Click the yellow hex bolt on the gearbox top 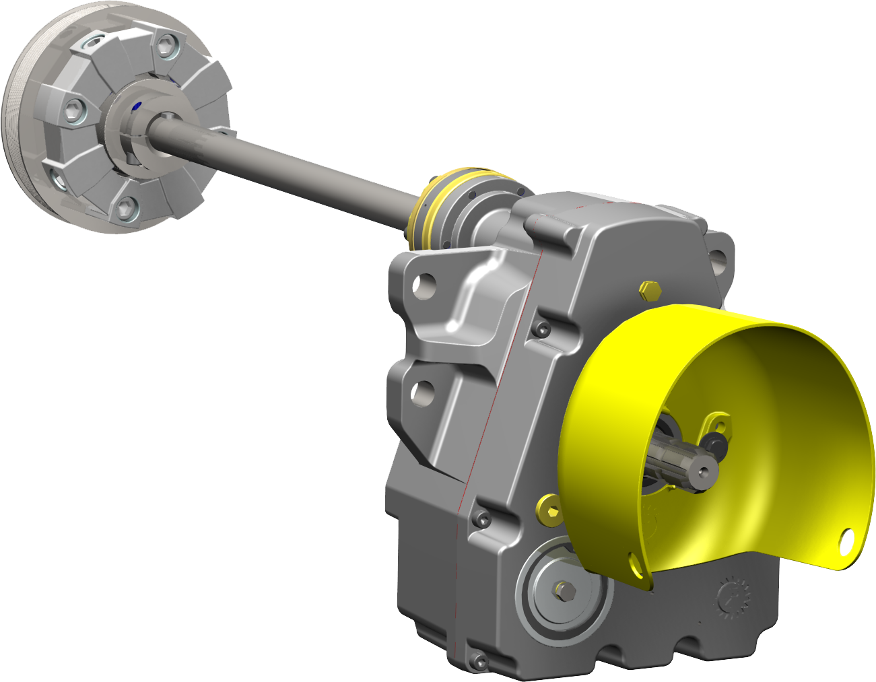point(650,289)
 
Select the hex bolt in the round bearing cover point(564,590)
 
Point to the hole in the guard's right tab point(846,539)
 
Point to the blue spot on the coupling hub point(137,104)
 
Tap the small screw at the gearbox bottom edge point(479,662)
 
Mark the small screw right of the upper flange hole point(541,329)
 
